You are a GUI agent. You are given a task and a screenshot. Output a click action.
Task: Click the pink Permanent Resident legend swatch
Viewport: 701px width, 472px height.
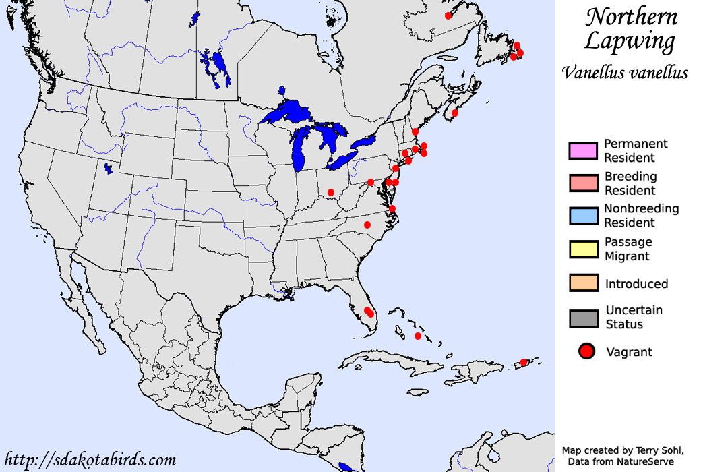(x=583, y=150)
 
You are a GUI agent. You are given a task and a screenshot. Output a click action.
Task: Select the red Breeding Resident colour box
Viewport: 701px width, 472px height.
(x=583, y=183)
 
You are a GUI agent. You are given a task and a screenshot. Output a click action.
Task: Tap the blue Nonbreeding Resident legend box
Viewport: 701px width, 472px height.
(x=583, y=216)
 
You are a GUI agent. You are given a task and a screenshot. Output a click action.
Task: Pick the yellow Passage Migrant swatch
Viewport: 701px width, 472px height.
(x=583, y=249)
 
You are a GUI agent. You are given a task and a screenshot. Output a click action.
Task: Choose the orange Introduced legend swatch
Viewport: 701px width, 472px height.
(x=583, y=283)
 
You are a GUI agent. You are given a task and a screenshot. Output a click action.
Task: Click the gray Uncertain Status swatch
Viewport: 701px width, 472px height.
(x=583, y=318)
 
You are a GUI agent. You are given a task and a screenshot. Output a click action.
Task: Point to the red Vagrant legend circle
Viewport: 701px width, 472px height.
(x=587, y=351)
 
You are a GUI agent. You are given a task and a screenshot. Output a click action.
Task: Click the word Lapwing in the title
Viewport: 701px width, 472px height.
(x=629, y=42)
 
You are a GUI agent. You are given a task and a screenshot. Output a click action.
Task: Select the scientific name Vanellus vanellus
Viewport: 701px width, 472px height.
(x=625, y=72)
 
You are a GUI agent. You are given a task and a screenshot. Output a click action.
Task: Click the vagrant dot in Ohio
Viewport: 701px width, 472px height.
(x=331, y=192)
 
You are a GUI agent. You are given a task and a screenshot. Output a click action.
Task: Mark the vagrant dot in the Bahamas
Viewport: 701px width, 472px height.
(x=418, y=336)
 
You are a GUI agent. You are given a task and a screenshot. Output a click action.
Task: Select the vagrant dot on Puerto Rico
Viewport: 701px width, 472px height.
(x=524, y=363)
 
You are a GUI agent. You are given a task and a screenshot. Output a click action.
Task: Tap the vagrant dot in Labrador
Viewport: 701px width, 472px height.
(x=448, y=16)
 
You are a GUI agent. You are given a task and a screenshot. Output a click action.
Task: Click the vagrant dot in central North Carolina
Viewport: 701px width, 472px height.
(x=367, y=225)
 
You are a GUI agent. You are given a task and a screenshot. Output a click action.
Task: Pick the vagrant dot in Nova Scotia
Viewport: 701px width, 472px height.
(x=455, y=113)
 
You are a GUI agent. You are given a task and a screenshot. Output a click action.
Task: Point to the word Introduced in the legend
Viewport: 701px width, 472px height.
(x=636, y=284)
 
